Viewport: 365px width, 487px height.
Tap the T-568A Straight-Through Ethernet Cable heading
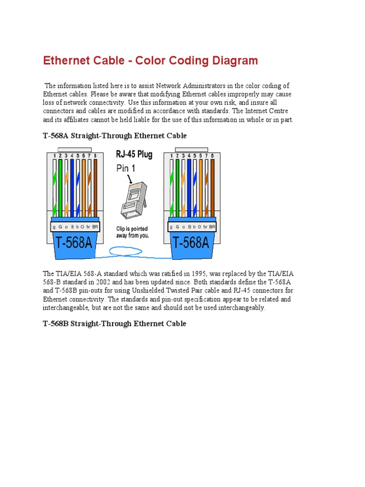tap(115, 136)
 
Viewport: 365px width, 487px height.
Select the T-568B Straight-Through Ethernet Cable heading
tap(115, 323)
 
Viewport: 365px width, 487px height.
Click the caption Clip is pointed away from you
tap(133, 232)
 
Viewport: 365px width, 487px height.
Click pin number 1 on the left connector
tap(55, 156)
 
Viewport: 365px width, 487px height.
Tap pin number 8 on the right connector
tap(212, 156)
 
